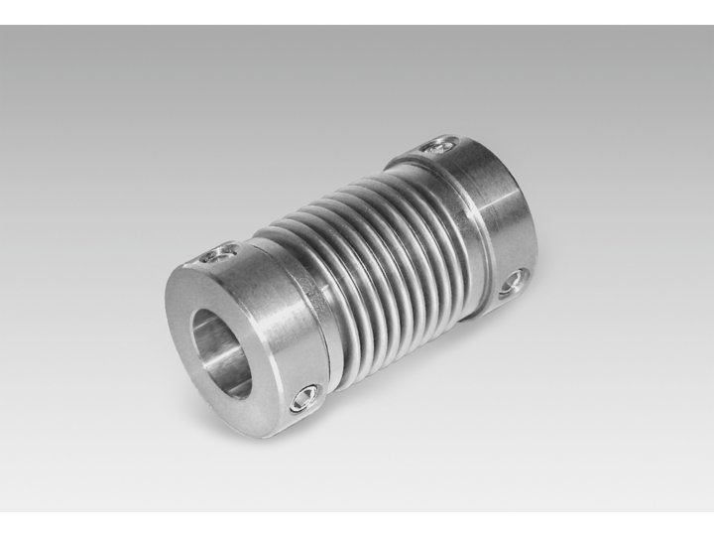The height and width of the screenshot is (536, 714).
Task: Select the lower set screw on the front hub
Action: [x=301, y=401]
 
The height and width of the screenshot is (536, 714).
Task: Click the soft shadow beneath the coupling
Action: [x=397, y=397]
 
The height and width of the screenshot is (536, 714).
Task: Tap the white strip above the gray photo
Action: [x=357, y=12]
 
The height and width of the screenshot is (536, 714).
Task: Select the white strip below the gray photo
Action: [x=357, y=524]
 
